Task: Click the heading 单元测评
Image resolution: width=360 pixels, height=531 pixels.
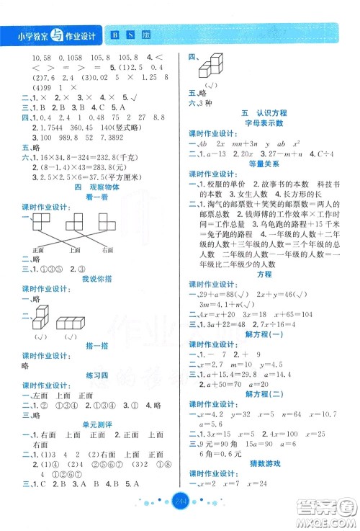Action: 90,426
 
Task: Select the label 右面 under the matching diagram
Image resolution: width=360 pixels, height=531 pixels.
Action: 108,250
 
